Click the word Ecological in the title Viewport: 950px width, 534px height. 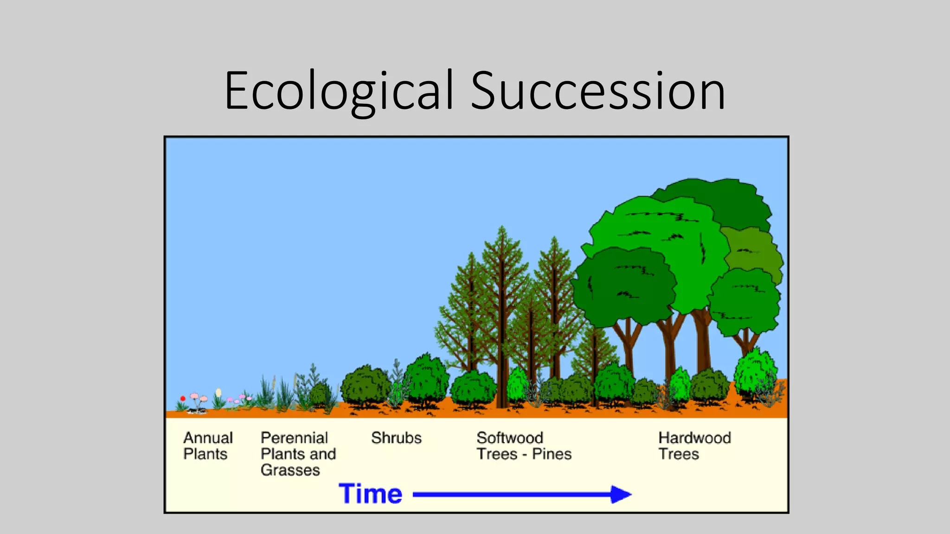[x=339, y=91]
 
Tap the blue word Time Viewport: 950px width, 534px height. [x=370, y=494]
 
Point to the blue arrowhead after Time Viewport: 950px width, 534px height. [x=621, y=494]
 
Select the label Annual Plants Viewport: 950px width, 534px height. [x=207, y=445]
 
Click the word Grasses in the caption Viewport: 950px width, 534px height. [x=290, y=470]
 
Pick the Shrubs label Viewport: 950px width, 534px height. [x=396, y=438]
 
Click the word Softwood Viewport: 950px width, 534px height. [x=509, y=438]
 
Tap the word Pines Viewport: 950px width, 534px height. [x=552, y=454]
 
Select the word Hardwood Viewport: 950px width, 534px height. [x=694, y=438]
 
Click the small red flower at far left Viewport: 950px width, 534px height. [x=183, y=398]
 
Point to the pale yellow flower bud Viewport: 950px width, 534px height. [x=218, y=393]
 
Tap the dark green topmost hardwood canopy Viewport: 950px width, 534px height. [x=724, y=199]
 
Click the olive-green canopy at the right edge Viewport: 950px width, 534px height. [x=754, y=250]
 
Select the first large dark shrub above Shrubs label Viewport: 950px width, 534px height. [x=366, y=385]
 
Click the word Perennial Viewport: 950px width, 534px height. [x=294, y=438]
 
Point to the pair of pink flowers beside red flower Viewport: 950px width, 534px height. [x=199, y=397]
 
